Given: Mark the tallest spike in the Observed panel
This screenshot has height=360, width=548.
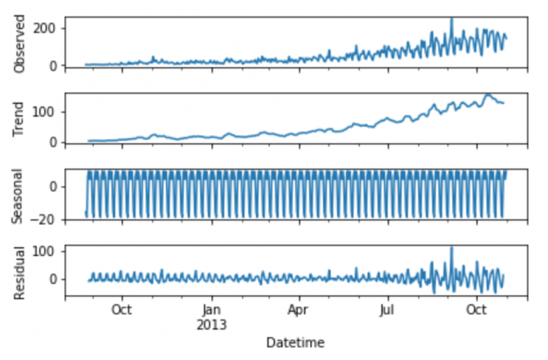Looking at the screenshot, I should (x=451, y=19).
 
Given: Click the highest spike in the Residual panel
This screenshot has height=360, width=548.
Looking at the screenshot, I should (x=451, y=248).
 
